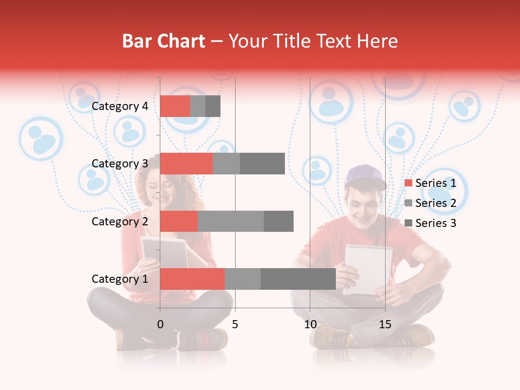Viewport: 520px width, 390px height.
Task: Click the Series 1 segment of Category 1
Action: (x=192, y=279)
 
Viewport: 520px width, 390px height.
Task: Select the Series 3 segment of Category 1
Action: (x=298, y=279)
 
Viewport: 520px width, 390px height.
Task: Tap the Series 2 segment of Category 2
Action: (x=231, y=221)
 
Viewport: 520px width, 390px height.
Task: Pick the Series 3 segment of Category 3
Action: (x=262, y=164)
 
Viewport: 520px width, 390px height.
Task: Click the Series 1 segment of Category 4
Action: (x=175, y=106)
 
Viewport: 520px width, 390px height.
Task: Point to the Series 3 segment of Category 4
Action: (x=213, y=106)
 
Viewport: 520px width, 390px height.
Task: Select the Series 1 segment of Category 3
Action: (x=186, y=164)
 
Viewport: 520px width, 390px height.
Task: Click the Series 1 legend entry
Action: (x=430, y=183)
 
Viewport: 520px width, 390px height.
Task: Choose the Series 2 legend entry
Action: (x=430, y=203)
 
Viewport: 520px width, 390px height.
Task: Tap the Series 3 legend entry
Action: (x=430, y=223)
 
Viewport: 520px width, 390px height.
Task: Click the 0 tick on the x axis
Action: (x=160, y=325)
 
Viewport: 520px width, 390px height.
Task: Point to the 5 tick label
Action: (x=235, y=325)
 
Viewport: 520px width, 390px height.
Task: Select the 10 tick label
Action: (x=310, y=325)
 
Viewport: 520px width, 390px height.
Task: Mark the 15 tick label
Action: (x=385, y=325)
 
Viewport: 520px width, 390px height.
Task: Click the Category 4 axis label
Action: (x=120, y=106)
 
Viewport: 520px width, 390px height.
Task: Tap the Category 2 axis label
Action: (x=120, y=221)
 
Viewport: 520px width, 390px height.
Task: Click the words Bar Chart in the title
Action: (x=163, y=41)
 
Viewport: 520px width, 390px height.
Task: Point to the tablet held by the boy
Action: (x=368, y=268)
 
